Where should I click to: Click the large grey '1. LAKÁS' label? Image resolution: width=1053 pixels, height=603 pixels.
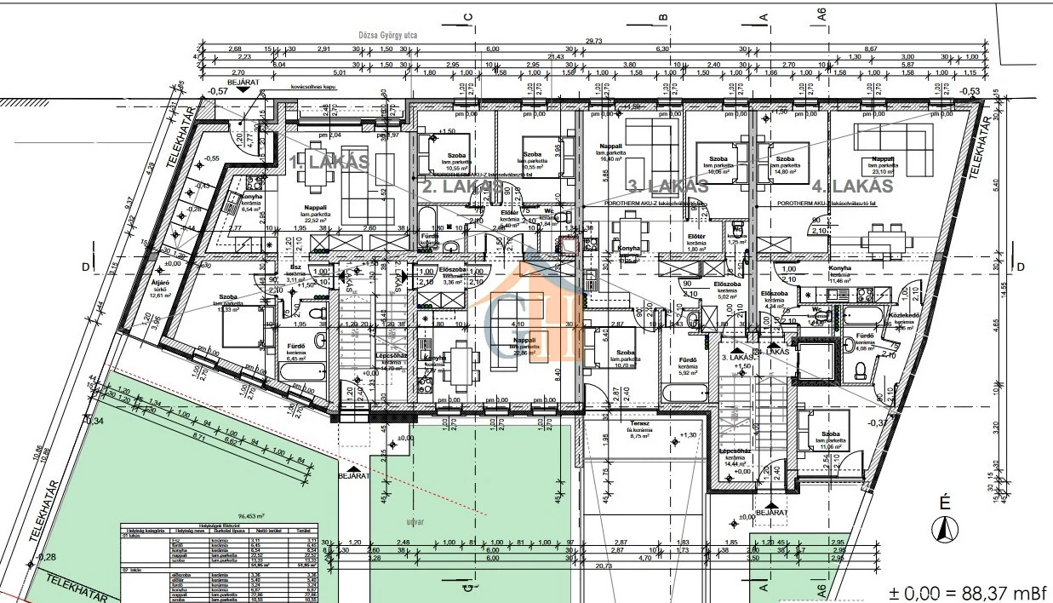[329, 160]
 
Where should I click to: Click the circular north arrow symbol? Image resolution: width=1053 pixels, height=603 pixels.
[942, 530]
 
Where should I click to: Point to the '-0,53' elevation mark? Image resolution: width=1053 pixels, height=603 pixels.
[969, 91]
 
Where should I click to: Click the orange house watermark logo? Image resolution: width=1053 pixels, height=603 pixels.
[535, 307]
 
